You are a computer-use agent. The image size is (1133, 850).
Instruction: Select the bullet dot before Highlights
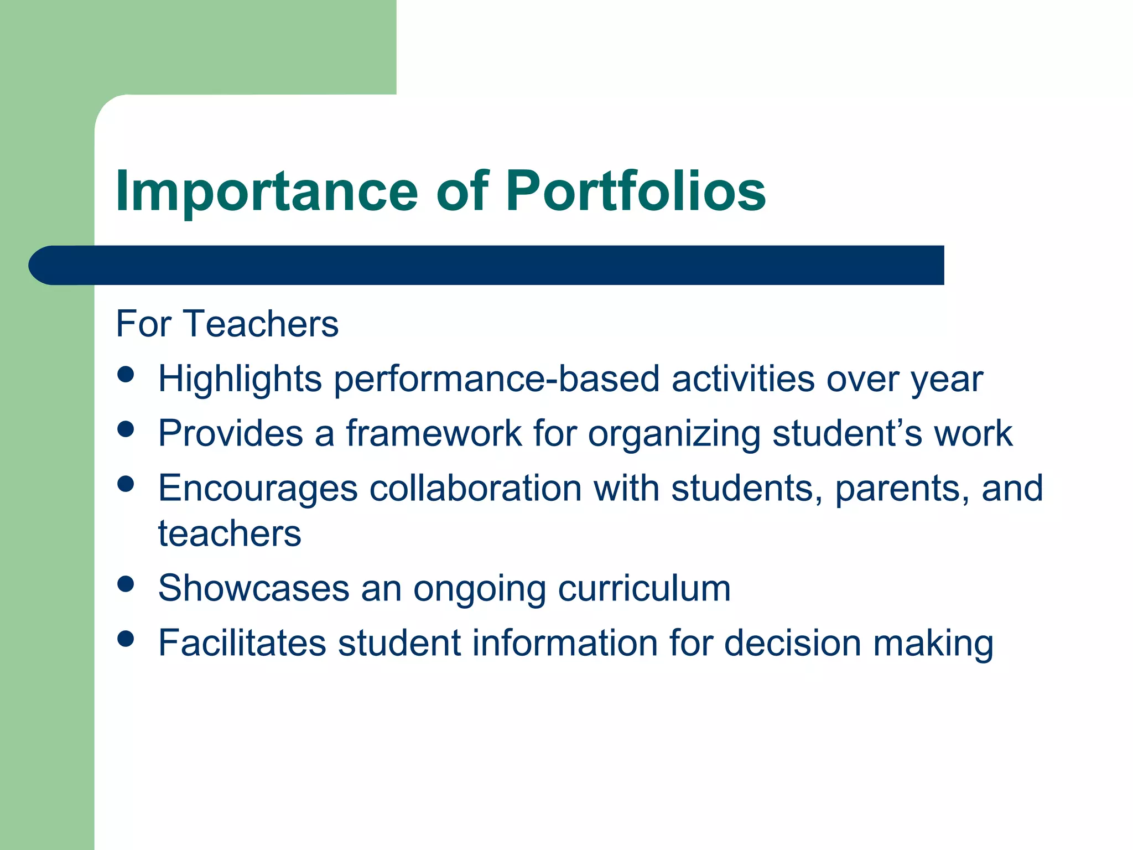pos(126,374)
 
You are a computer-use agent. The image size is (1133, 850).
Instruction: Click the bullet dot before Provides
pos(126,429)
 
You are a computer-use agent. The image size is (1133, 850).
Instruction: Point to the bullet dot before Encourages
pos(126,484)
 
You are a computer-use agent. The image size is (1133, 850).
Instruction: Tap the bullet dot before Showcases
pos(126,584)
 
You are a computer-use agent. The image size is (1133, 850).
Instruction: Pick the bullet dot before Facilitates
pos(126,639)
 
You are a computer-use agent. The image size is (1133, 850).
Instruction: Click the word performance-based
pos(497,380)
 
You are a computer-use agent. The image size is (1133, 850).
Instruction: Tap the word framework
pos(434,433)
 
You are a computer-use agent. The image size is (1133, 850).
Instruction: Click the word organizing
pos(674,434)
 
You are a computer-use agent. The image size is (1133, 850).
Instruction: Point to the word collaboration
pos(475,489)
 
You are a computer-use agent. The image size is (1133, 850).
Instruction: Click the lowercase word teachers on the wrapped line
pos(230,534)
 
